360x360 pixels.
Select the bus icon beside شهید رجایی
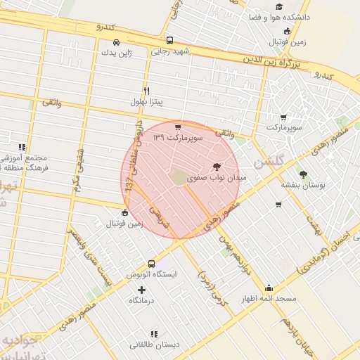(x=169, y=40)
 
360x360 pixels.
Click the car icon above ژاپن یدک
(x=106, y=41)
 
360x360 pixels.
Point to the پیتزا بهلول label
(x=146, y=102)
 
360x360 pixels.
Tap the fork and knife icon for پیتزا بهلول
(x=146, y=91)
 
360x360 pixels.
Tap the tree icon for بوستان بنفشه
(x=303, y=174)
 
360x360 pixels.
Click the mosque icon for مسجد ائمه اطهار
(x=269, y=288)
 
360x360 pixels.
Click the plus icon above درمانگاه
(x=142, y=290)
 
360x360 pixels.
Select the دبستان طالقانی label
(x=154, y=345)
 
